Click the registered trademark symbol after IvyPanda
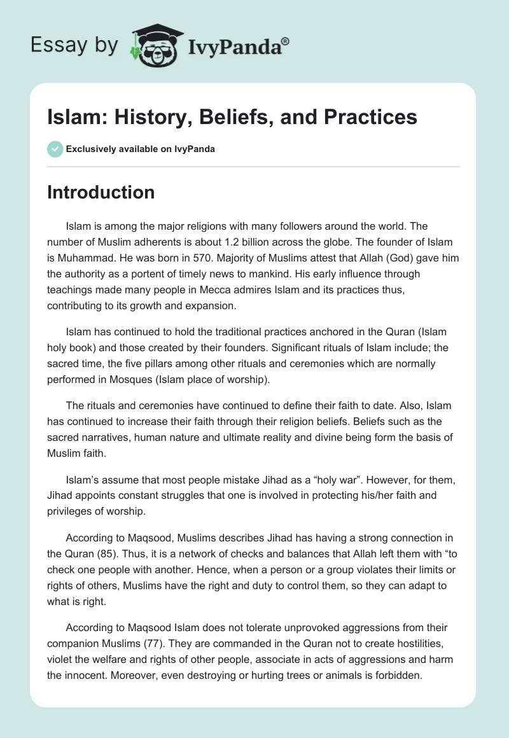tap(286, 42)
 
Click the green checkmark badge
tap(55, 149)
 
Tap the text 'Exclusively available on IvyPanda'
tap(141, 149)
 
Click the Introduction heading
tap(101, 192)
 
